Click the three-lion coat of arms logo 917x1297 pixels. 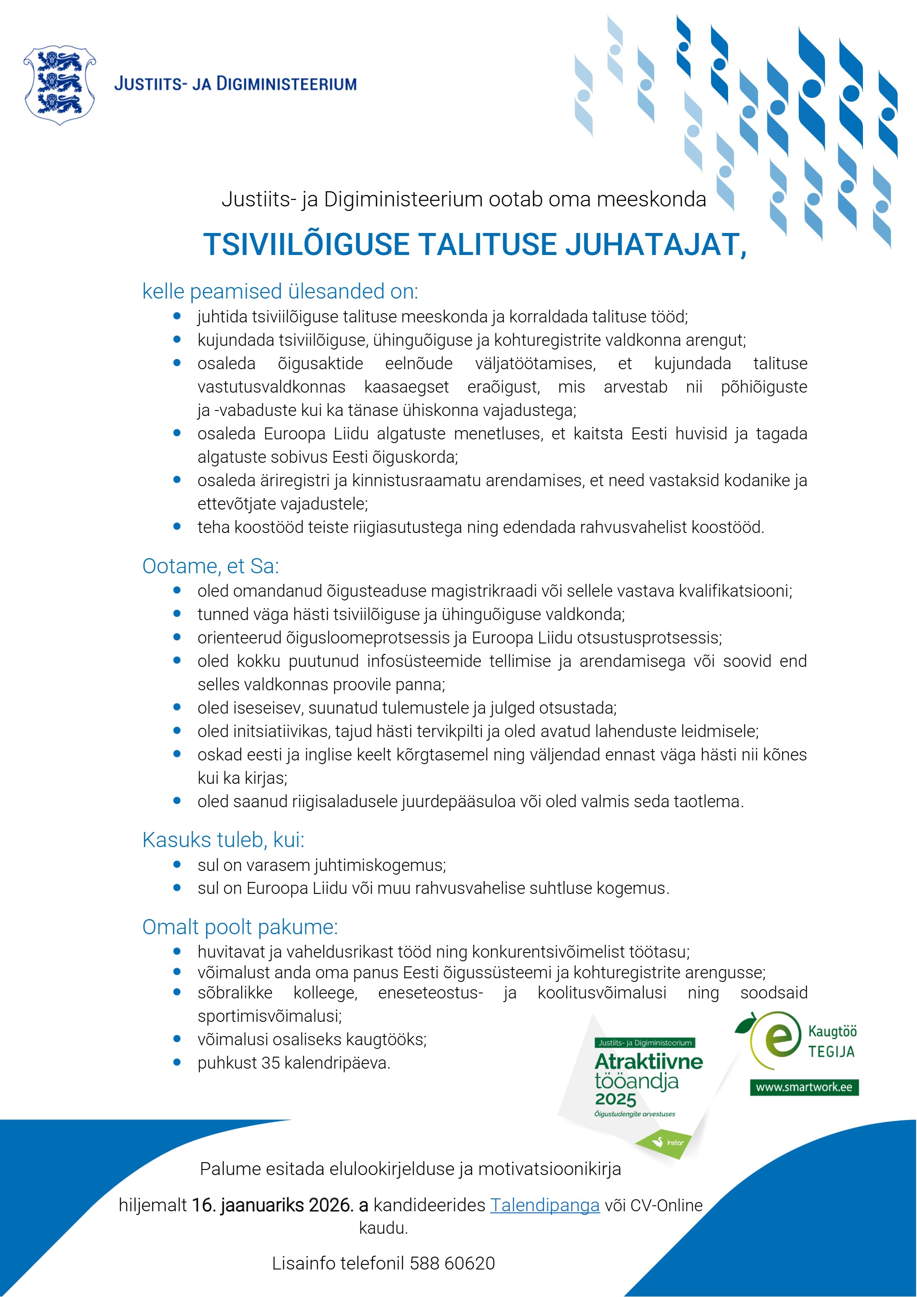(59, 84)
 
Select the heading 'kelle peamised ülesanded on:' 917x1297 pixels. (280, 292)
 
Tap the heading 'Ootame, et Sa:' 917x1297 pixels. (210, 566)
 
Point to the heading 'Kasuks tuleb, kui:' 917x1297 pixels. (223, 840)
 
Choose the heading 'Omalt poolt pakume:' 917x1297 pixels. (240, 927)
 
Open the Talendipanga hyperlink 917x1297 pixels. (544, 1205)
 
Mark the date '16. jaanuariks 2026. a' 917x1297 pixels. (280, 1205)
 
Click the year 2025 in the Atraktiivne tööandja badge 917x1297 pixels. (615, 1099)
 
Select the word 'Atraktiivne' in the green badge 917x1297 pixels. (649, 1061)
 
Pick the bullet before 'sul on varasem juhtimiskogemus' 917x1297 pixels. (177, 865)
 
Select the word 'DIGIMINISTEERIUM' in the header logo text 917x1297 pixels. (287, 84)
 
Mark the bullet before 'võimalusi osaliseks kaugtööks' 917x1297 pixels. (177, 1039)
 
